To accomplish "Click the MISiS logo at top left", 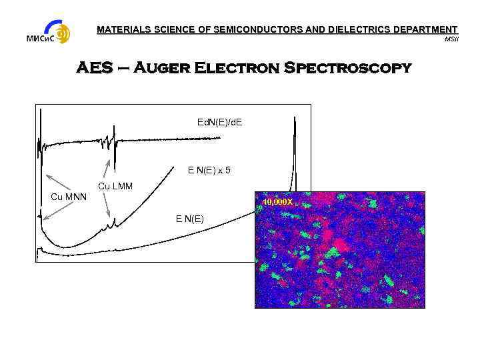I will [49, 32].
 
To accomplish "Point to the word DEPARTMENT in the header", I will [425, 30].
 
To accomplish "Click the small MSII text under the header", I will [451, 39].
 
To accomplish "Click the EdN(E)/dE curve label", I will [220, 122].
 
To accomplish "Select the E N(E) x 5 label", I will [209, 171].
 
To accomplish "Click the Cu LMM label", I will [115, 185].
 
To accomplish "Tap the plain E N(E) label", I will [190, 219].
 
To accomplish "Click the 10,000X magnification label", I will [277, 201].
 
